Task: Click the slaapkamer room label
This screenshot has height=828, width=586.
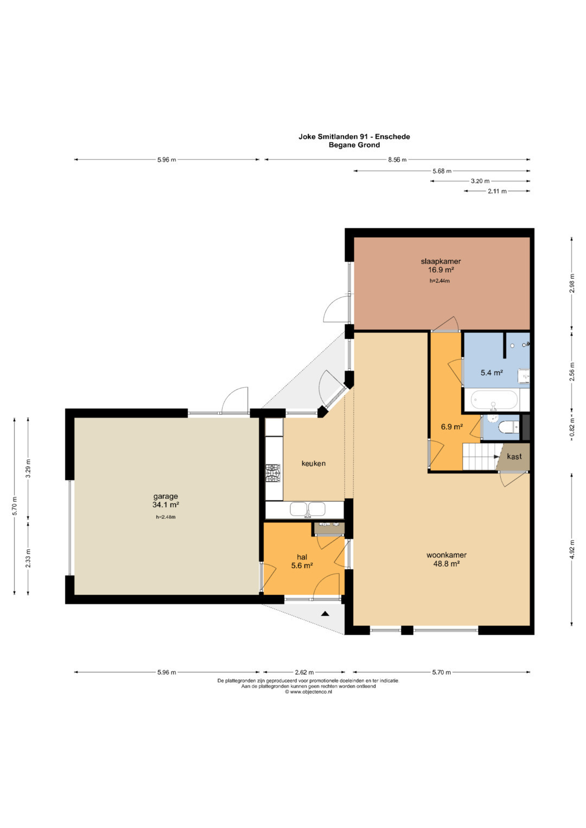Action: pos(441,261)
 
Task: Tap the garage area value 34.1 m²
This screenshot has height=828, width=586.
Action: pos(165,505)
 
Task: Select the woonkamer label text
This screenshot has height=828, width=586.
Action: pos(447,555)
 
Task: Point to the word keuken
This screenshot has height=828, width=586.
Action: pos(314,463)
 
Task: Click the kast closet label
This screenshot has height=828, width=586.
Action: pos(514,457)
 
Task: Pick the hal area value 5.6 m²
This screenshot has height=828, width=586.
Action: pos(302,566)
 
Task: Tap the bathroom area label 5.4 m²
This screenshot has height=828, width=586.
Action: pos(492,373)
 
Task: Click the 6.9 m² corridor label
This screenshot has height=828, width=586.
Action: pos(452,427)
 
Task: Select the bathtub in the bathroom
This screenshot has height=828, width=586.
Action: pos(494,400)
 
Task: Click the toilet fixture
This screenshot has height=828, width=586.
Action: pos(509,428)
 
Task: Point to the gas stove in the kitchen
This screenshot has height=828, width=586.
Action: pos(273,473)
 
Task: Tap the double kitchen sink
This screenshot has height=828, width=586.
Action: pos(308,509)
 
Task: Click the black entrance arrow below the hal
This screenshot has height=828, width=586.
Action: pos(325,614)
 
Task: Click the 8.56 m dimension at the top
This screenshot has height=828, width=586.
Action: pos(397,159)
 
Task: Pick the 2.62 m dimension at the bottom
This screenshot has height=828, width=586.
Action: pos(304,672)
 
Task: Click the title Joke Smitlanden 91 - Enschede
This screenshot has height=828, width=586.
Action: pos(354,137)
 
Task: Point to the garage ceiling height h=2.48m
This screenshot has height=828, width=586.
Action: pos(165,517)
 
